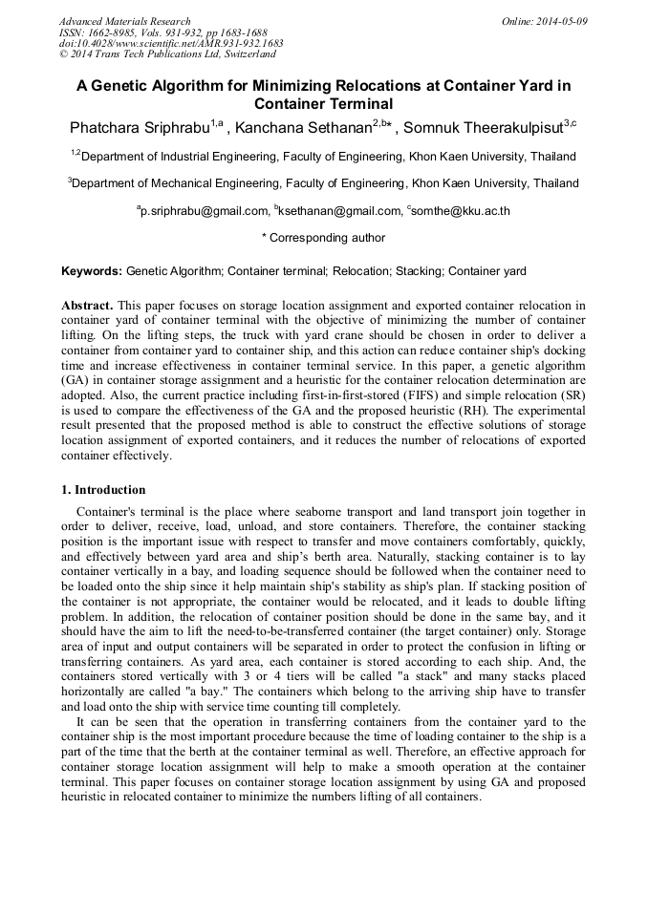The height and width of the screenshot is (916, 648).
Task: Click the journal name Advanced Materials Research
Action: pyautogui.click(x=124, y=21)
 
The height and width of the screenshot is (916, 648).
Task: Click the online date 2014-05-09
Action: pyautogui.click(x=560, y=21)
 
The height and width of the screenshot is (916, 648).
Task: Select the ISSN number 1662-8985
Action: pyautogui.click(x=112, y=32)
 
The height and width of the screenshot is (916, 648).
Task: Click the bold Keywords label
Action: pyautogui.click(x=92, y=272)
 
